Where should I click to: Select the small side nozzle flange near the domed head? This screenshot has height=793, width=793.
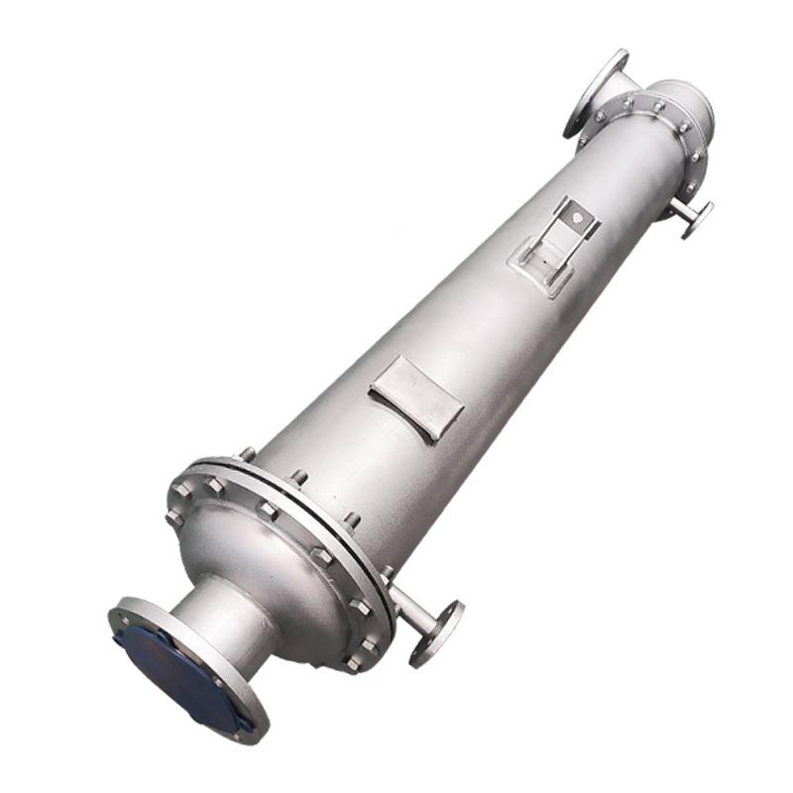(437, 632)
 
